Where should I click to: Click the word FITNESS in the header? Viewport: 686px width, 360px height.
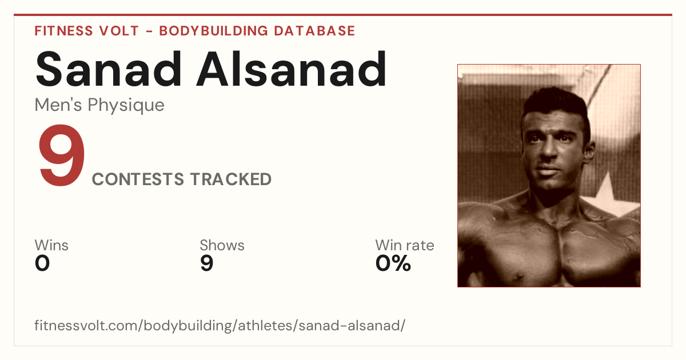(63, 31)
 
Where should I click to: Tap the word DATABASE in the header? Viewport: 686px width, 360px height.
(314, 31)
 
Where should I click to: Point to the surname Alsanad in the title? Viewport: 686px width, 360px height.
(292, 69)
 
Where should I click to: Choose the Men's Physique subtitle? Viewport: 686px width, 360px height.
(99, 106)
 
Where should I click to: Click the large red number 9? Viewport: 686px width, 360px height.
(61, 155)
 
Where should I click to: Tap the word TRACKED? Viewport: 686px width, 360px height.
(231, 179)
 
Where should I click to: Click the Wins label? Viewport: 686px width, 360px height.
(51, 245)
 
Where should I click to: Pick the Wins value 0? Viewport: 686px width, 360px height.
(42, 263)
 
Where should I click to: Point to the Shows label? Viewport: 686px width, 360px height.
(222, 245)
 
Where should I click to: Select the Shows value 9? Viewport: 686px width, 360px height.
(207, 263)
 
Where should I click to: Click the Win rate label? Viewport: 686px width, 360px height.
(405, 245)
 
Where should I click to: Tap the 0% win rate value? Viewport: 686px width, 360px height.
(393, 263)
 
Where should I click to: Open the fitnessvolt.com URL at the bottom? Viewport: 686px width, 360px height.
(220, 325)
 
